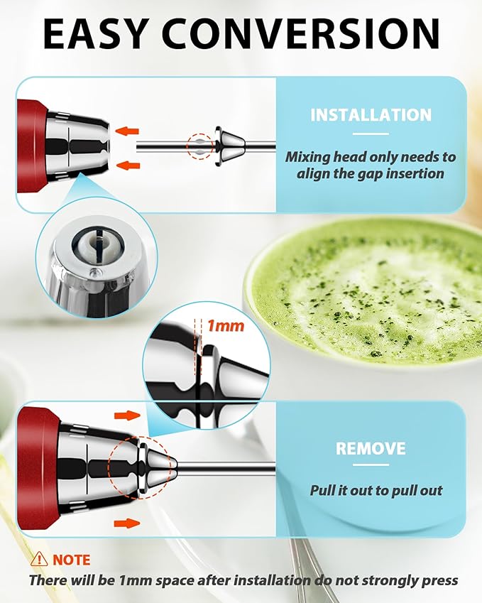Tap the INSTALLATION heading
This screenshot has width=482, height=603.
click(371, 115)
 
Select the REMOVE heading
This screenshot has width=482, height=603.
click(371, 449)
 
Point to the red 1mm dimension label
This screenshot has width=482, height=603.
click(225, 326)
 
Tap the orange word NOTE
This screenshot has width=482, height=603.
click(70, 560)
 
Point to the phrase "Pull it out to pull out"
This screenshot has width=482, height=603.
click(376, 490)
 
